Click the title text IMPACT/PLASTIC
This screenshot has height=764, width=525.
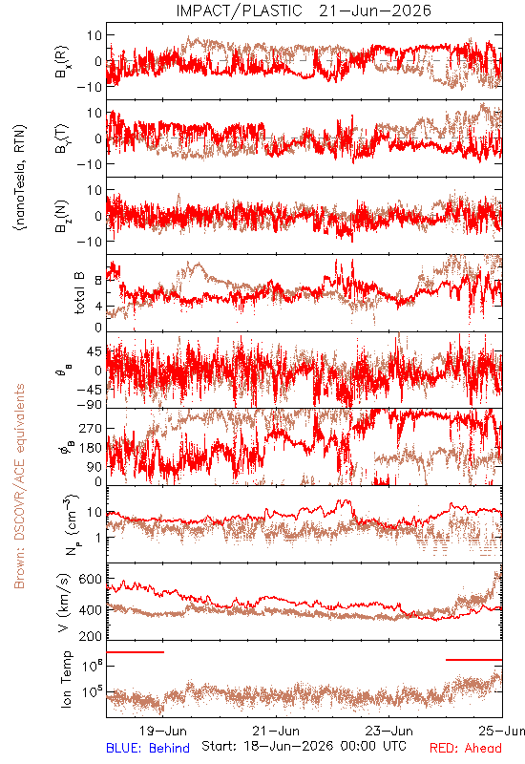tap(240, 11)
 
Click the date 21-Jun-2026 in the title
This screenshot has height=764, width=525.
tap(375, 11)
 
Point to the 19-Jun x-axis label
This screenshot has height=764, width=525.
tap(162, 731)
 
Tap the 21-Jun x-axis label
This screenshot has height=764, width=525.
tap(276, 731)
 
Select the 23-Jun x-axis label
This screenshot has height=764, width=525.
tap(389, 731)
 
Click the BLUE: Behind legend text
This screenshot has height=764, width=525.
tap(148, 748)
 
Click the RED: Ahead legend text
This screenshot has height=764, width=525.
tap(465, 748)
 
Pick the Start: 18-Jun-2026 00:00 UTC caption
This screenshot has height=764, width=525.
tap(304, 746)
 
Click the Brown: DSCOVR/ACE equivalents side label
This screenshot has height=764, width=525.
tap(19, 486)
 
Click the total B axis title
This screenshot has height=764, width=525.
tap(79, 293)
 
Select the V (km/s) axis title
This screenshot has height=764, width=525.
tap(64, 603)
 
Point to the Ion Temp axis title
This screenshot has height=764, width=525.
tap(66, 679)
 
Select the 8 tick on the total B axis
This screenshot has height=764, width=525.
tap(98, 280)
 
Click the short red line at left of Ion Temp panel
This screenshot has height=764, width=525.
tap(135, 652)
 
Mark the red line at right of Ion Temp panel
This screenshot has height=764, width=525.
tap(473, 660)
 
